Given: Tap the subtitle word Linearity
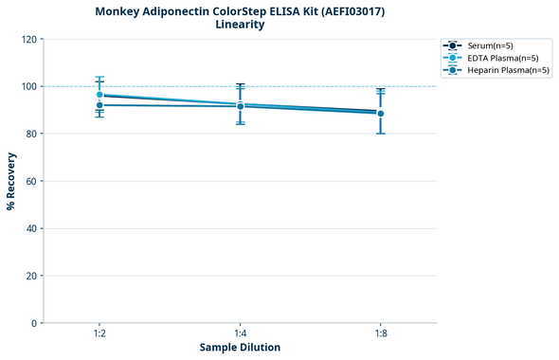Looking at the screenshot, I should (240, 25).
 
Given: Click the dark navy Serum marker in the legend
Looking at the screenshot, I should (453, 45).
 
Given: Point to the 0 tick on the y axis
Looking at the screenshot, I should (34, 323).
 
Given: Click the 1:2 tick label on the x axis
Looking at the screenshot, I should (99, 334).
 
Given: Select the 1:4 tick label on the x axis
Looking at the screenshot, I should (240, 334).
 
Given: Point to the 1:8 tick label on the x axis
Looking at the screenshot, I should (381, 334).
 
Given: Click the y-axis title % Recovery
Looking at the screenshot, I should (11, 181).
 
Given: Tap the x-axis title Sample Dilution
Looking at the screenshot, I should (240, 348).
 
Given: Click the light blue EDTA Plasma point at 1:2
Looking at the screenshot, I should (99, 95).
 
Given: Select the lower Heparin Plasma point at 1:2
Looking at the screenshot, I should (99, 105).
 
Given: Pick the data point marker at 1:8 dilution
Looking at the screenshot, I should (381, 113).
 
